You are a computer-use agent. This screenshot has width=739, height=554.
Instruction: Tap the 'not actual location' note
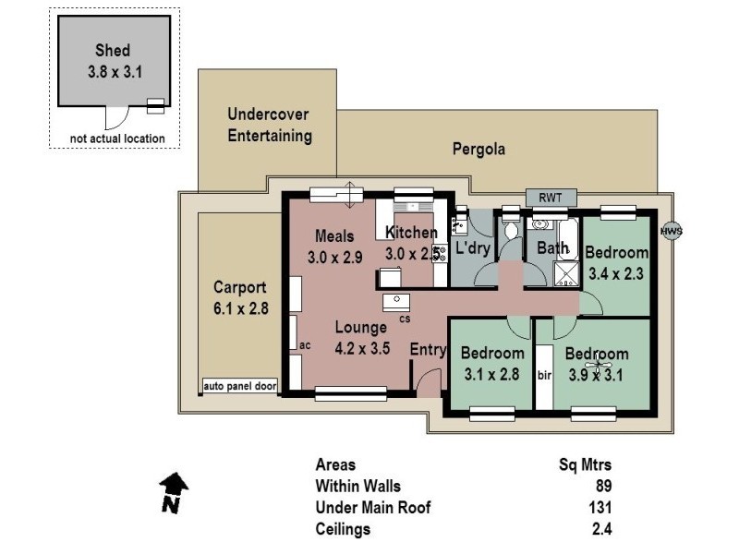click(x=117, y=139)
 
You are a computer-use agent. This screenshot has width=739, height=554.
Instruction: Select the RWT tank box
click(x=551, y=198)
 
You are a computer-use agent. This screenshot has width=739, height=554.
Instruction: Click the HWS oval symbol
click(x=672, y=232)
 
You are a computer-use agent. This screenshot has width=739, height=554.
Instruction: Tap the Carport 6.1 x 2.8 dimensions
click(x=240, y=309)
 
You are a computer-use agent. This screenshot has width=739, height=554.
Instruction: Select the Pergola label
click(x=479, y=149)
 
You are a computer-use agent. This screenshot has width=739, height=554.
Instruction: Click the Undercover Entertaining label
click(x=269, y=125)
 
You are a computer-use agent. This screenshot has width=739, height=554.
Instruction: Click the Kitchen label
click(x=411, y=233)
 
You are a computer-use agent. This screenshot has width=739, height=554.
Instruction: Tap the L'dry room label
click(x=473, y=247)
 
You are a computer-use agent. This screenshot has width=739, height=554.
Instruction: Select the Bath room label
click(x=552, y=247)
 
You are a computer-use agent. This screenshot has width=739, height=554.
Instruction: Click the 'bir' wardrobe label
click(x=544, y=375)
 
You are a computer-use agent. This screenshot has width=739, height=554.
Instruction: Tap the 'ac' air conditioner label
click(x=302, y=344)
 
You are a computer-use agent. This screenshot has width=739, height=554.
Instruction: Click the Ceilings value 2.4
click(x=600, y=529)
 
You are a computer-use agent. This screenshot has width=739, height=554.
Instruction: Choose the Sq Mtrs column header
click(x=586, y=465)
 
